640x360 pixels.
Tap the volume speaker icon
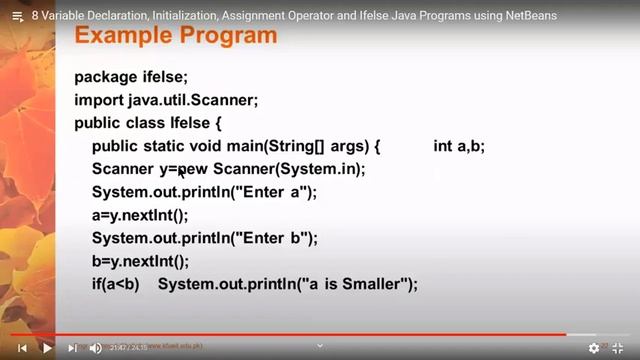point(95,348)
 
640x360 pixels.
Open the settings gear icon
point(594,348)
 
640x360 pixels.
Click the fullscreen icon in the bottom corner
point(617,348)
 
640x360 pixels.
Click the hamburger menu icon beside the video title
point(16,16)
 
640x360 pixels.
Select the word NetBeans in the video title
point(526,16)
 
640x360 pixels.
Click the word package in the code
point(106,77)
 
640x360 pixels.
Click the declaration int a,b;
point(459,147)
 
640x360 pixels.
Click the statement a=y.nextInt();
point(140,216)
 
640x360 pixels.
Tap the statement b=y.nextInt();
point(140,262)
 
